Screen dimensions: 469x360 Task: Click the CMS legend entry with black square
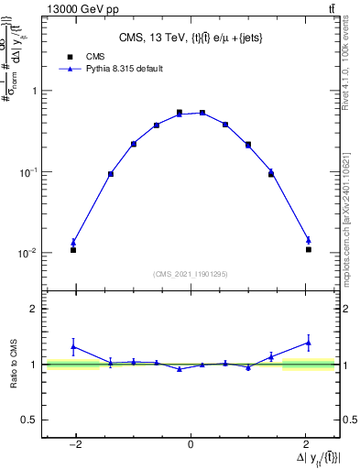click(83, 56)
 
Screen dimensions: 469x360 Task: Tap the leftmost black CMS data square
click(73, 249)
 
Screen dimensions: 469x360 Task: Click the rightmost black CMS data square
click(309, 249)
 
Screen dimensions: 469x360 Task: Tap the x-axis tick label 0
click(191, 445)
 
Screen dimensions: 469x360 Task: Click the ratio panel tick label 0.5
click(28, 420)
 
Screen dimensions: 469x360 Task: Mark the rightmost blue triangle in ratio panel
click(309, 343)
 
